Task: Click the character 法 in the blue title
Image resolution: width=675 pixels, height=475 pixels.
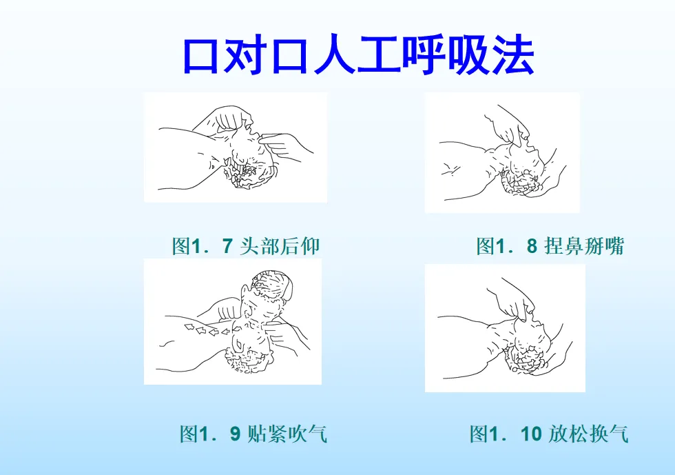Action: click(x=512, y=55)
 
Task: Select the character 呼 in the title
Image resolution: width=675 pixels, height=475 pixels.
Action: click(x=424, y=55)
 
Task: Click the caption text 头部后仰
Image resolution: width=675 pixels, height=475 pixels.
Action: click(x=280, y=246)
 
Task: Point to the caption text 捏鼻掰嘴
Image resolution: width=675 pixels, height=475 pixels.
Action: click(x=584, y=246)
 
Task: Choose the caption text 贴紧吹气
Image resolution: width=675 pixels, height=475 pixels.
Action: click(x=288, y=434)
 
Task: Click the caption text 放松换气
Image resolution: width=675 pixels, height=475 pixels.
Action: click(x=588, y=434)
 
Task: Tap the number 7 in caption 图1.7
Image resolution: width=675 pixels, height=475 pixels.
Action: click(x=228, y=246)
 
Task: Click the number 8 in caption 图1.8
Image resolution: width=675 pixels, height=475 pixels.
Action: click(x=532, y=246)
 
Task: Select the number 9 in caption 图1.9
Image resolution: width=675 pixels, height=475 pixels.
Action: click(x=235, y=434)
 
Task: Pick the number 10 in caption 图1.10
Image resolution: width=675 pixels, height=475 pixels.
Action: click(x=531, y=434)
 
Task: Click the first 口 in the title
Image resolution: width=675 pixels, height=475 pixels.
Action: click(x=201, y=56)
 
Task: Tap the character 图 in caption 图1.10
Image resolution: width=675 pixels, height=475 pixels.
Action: click(x=479, y=434)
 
